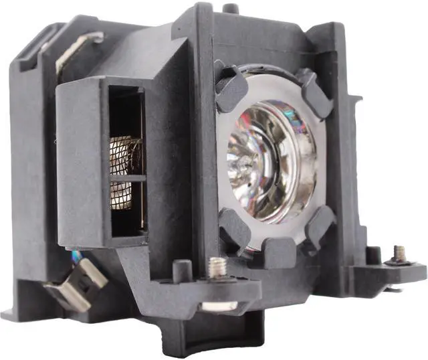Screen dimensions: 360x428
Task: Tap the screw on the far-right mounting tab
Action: [399, 253]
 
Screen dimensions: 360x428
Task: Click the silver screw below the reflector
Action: [216, 267]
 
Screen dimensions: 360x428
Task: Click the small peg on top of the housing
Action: [230, 8]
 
